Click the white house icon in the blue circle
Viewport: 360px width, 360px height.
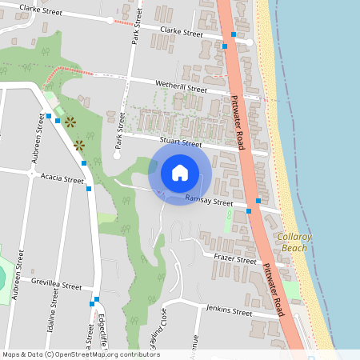[180, 172]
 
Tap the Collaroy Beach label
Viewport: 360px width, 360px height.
[294, 242]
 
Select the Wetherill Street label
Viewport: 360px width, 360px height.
[181, 86]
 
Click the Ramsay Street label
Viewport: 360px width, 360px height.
[208, 200]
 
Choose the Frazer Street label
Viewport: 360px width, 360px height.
[235, 258]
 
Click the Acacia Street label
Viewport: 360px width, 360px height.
[62, 179]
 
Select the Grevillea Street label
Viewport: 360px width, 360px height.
[57, 285]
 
